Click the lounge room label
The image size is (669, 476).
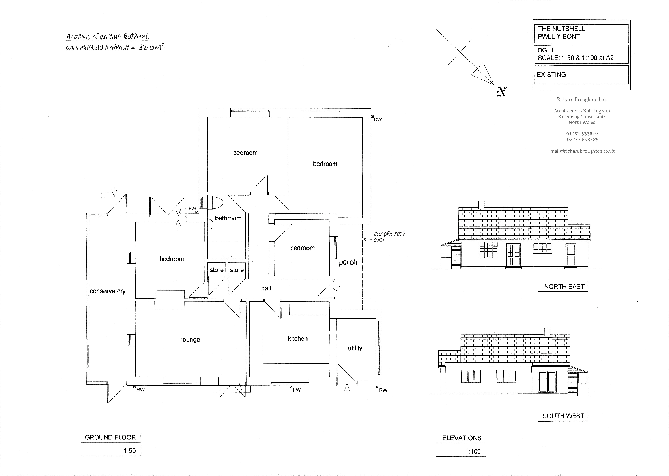(191, 340)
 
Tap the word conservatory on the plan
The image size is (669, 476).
(108, 291)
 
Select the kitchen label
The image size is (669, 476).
(297, 339)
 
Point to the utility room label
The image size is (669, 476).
(355, 348)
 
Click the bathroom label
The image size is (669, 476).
(228, 218)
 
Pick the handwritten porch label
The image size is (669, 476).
(348, 262)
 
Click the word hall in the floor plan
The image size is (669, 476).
(266, 288)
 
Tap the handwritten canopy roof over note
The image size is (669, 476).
(389, 237)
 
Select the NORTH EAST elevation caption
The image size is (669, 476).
(564, 287)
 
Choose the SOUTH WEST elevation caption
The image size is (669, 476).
(563, 416)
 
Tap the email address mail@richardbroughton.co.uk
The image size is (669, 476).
(582, 151)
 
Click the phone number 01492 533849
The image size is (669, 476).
(582, 134)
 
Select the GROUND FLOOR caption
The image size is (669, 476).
(110, 437)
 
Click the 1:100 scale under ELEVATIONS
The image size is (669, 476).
(473, 451)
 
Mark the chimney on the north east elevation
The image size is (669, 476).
(481, 204)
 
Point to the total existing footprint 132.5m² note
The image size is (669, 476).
(114, 48)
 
